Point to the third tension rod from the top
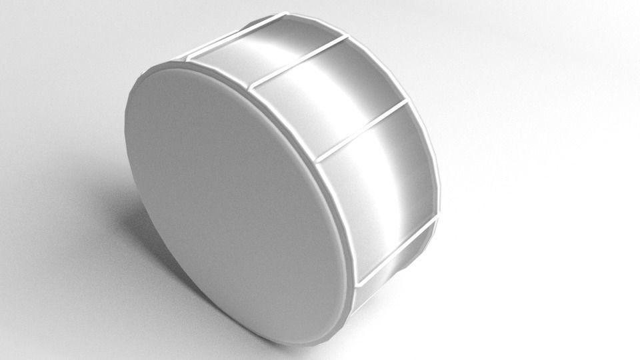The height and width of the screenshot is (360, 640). [361, 131]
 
